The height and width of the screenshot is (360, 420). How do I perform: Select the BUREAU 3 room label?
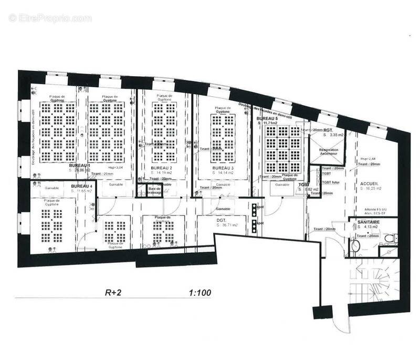click(x=223, y=167)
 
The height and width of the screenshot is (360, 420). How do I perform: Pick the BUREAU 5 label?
click(x=267, y=119)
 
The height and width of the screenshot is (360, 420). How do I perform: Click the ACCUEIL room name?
click(x=370, y=183)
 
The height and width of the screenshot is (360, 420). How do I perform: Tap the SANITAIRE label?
click(x=370, y=222)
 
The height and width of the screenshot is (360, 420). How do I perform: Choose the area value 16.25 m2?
click(x=371, y=188)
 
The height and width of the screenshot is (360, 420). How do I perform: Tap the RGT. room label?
click(x=329, y=130)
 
